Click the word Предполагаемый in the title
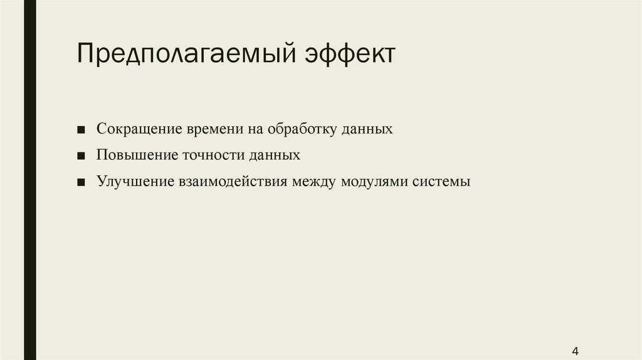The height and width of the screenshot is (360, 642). (186, 54)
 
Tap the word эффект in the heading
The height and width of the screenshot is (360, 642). (350, 54)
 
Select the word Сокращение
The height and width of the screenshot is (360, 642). (139, 129)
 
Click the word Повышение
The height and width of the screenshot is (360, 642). (137, 155)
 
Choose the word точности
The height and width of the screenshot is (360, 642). (213, 155)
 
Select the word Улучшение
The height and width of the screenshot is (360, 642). (135, 181)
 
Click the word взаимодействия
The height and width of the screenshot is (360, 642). (233, 181)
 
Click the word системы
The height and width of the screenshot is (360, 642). (441, 182)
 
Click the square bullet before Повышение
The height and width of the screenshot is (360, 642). (81, 156)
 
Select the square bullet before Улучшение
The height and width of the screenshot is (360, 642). (81, 183)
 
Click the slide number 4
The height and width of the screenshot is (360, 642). (576, 351)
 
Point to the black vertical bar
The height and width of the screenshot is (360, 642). (30, 180)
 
